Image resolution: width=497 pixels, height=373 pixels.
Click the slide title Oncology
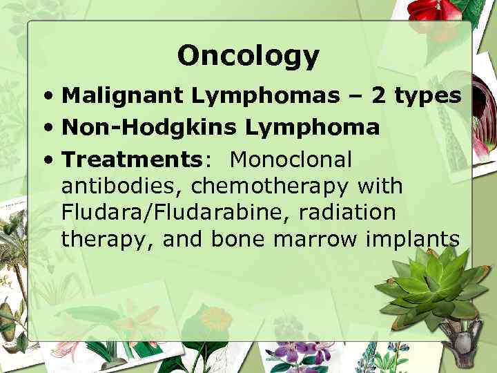(x=248, y=55)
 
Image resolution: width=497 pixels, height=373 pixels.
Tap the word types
(x=427, y=97)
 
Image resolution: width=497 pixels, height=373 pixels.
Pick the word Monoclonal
(x=291, y=160)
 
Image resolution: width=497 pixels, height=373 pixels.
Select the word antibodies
(x=121, y=186)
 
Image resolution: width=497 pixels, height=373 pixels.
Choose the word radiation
(x=347, y=212)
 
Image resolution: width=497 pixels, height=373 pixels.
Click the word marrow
(x=318, y=239)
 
